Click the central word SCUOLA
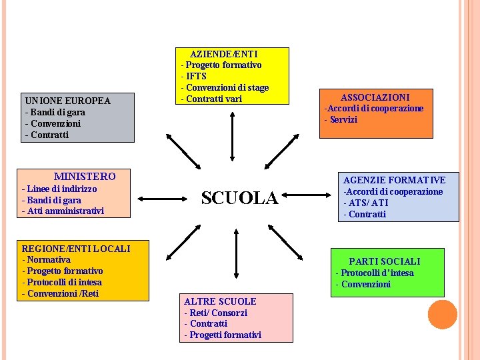(x=239, y=197)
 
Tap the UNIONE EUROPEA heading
(x=67, y=101)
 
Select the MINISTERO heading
(x=85, y=177)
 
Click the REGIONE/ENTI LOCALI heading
(x=76, y=249)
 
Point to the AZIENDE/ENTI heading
(x=224, y=53)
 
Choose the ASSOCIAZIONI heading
(x=375, y=97)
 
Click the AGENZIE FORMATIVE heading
(x=394, y=180)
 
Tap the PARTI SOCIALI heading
(x=385, y=261)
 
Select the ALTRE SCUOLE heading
(x=220, y=301)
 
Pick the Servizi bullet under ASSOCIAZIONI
(x=341, y=120)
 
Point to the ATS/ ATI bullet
(x=365, y=203)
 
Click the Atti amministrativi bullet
(x=63, y=211)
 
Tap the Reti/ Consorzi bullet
(x=216, y=313)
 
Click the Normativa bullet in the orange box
(x=47, y=260)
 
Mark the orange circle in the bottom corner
(x=442, y=315)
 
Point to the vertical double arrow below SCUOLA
(x=235, y=257)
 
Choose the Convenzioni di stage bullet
(x=225, y=87)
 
